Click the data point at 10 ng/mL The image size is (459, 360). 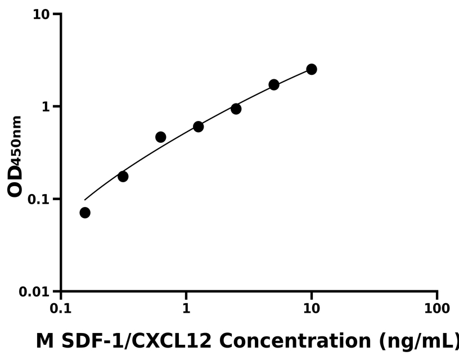[311, 69]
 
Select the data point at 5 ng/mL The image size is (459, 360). [274, 84]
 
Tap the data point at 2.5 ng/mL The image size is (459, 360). [236, 109]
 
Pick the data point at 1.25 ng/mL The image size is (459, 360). [198, 127]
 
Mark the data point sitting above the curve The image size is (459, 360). [160, 137]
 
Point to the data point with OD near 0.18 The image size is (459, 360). [123, 176]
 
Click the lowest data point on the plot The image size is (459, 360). [85, 213]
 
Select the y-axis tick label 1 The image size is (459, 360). [47, 107]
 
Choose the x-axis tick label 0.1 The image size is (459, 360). [61, 309]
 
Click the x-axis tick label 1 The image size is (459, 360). [186, 309]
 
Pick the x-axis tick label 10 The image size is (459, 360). [311, 309]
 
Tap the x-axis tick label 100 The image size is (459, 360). [436, 309]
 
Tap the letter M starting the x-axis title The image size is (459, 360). [43, 341]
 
